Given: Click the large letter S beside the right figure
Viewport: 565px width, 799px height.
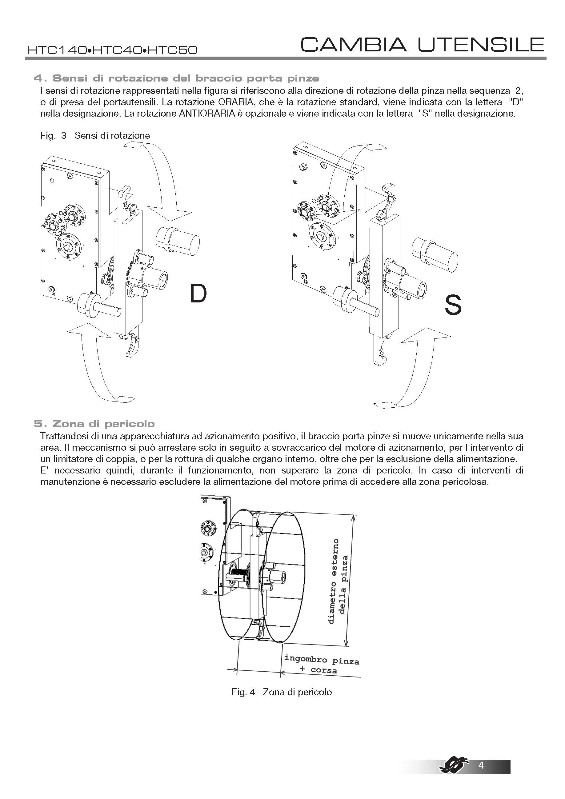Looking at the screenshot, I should click(x=453, y=305).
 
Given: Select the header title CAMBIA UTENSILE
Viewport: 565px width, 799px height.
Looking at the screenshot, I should click(x=422, y=45).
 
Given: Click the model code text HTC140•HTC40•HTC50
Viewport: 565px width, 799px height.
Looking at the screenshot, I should click(x=112, y=50).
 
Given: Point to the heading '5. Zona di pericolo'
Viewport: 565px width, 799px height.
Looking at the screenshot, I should click(x=94, y=424).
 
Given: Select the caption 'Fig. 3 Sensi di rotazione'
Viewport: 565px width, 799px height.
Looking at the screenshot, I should click(x=95, y=135).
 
